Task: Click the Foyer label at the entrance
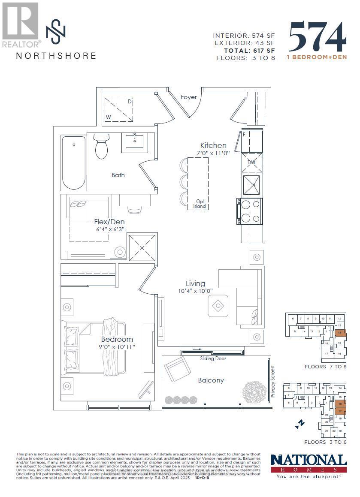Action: tap(188, 97)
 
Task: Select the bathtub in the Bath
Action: tap(73, 163)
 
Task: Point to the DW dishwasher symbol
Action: tap(252, 163)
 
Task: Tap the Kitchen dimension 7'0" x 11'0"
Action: tap(213, 153)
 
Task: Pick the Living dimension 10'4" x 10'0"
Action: tap(195, 291)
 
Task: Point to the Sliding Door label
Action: tap(213, 358)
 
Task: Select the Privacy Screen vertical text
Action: tap(272, 381)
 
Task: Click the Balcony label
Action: tap(211, 380)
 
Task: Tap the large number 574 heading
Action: tap(318, 37)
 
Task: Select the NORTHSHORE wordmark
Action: tap(56, 55)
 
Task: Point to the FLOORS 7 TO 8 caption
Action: tap(325, 367)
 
